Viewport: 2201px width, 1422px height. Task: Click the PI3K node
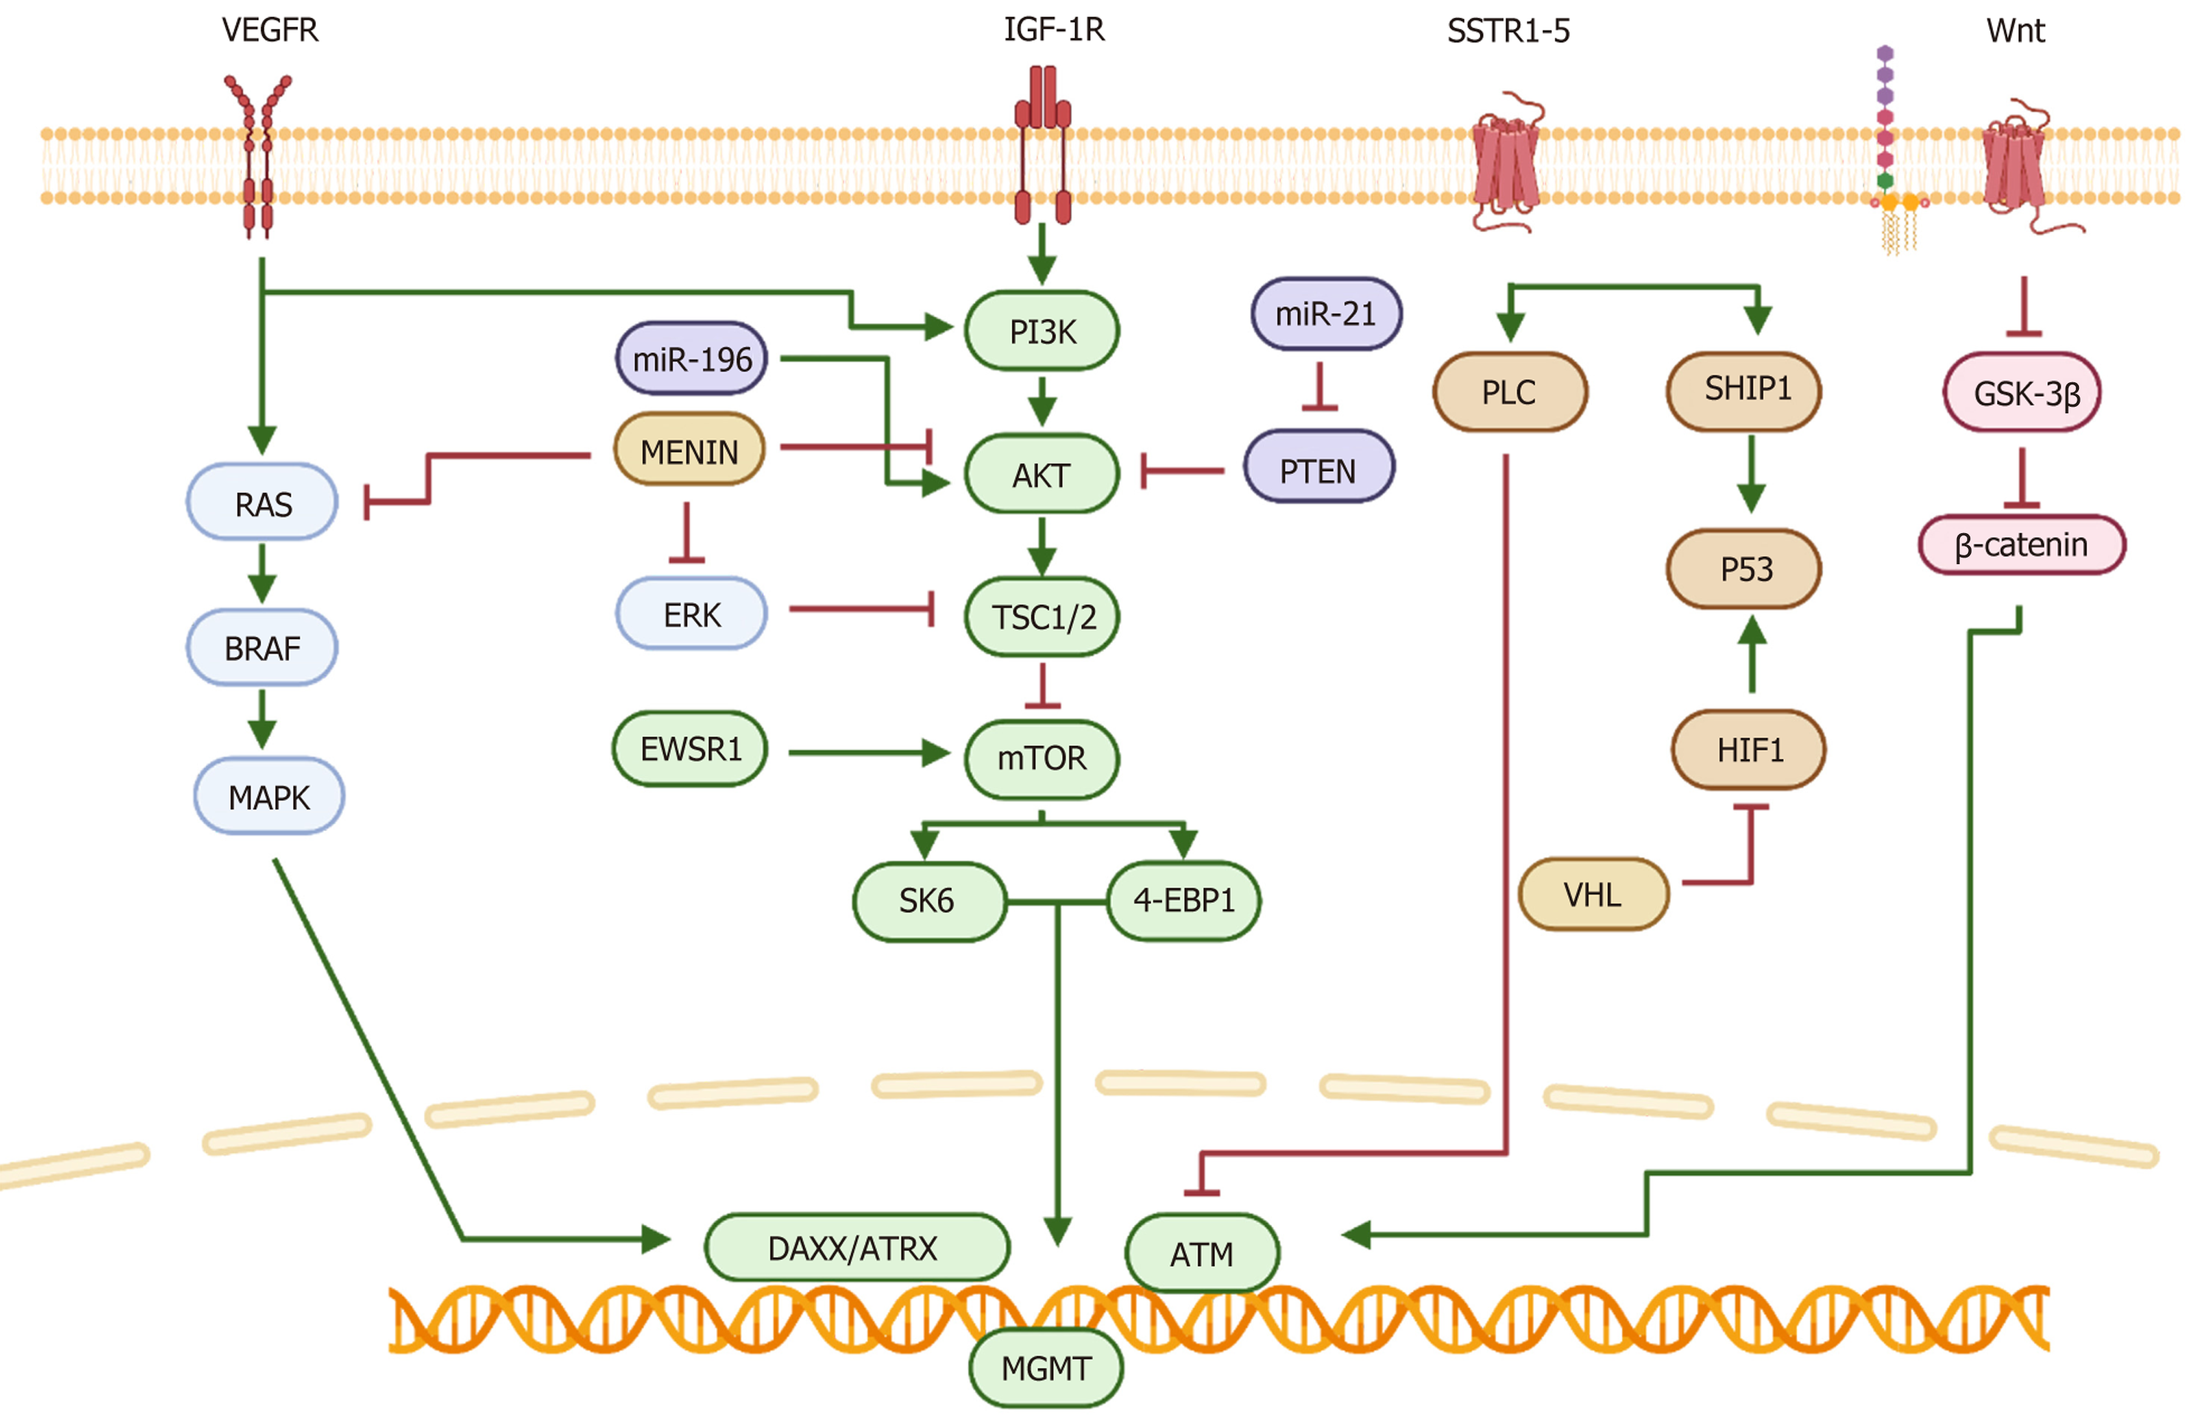pos(1041,331)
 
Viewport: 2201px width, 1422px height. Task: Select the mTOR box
pos(1041,758)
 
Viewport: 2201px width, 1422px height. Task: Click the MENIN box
pos(689,452)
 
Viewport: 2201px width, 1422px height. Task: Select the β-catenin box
pos(2021,545)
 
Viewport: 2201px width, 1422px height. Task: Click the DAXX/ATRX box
pos(856,1247)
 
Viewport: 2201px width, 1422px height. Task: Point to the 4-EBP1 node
pos(1183,900)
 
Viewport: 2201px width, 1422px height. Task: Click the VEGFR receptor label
pos(270,30)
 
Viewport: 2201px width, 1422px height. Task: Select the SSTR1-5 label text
pos(1508,31)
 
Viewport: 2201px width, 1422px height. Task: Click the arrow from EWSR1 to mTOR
pos(868,753)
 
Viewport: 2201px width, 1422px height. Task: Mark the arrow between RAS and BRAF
pos(263,572)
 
